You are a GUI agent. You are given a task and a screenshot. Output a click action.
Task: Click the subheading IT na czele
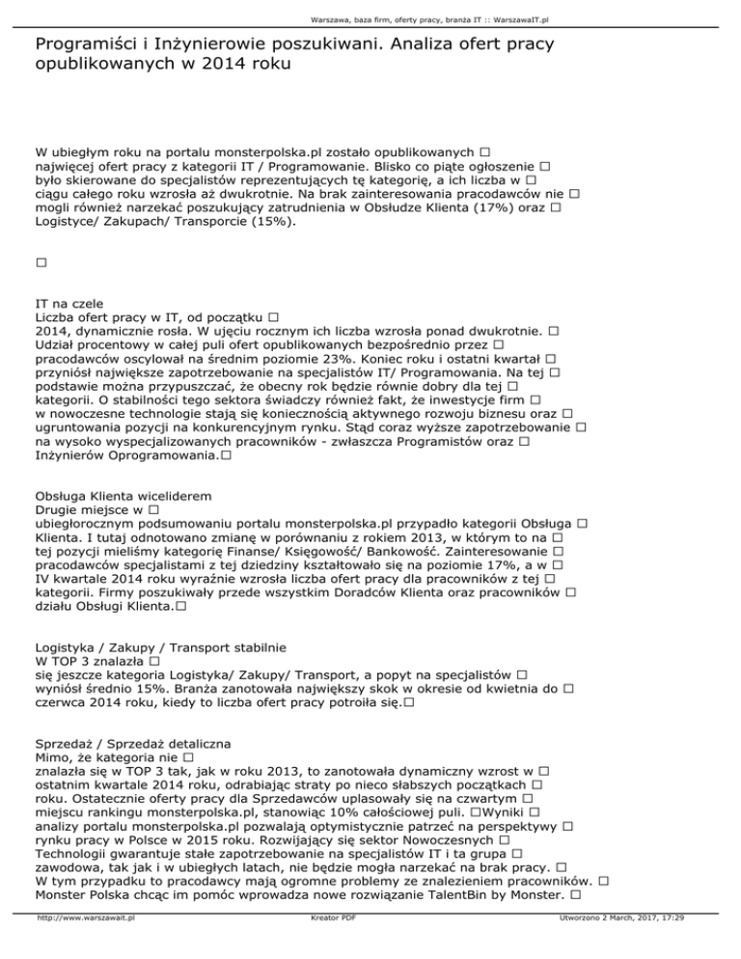[x=69, y=303]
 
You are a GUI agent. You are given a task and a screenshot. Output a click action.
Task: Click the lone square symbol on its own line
[x=40, y=262]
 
